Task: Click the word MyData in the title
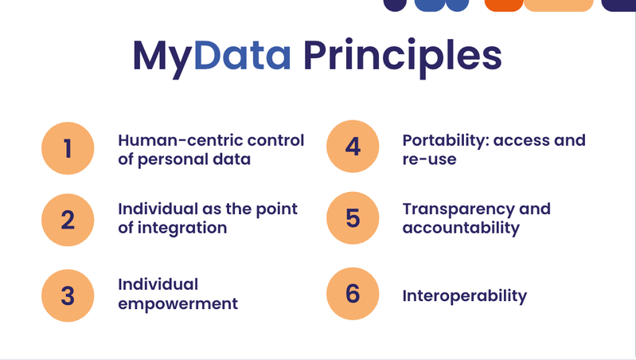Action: click(x=212, y=57)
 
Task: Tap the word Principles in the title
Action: click(x=402, y=57)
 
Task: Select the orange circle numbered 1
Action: click(x=68, y=148)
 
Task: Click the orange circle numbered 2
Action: click(x=68, y=220)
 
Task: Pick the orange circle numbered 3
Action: click(x=68, y=295)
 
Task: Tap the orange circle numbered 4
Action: click(x=353, y=146)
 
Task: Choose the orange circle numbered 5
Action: click(x=353, y=218)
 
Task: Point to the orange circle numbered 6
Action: click(x=353, y=293)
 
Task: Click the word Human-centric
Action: click(x=180, y=140)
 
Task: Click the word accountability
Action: click(x=461, y=229)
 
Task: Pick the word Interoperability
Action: click(x=464, y=296)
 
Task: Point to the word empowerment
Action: click(x=178, y=304)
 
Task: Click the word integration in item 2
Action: click(x=182, y=229)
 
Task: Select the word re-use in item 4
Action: click(x=429, y=159)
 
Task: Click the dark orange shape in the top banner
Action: click(x=504, y=6)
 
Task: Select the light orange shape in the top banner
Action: click(x=559, y=6)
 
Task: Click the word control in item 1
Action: click(x=275, y=140)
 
